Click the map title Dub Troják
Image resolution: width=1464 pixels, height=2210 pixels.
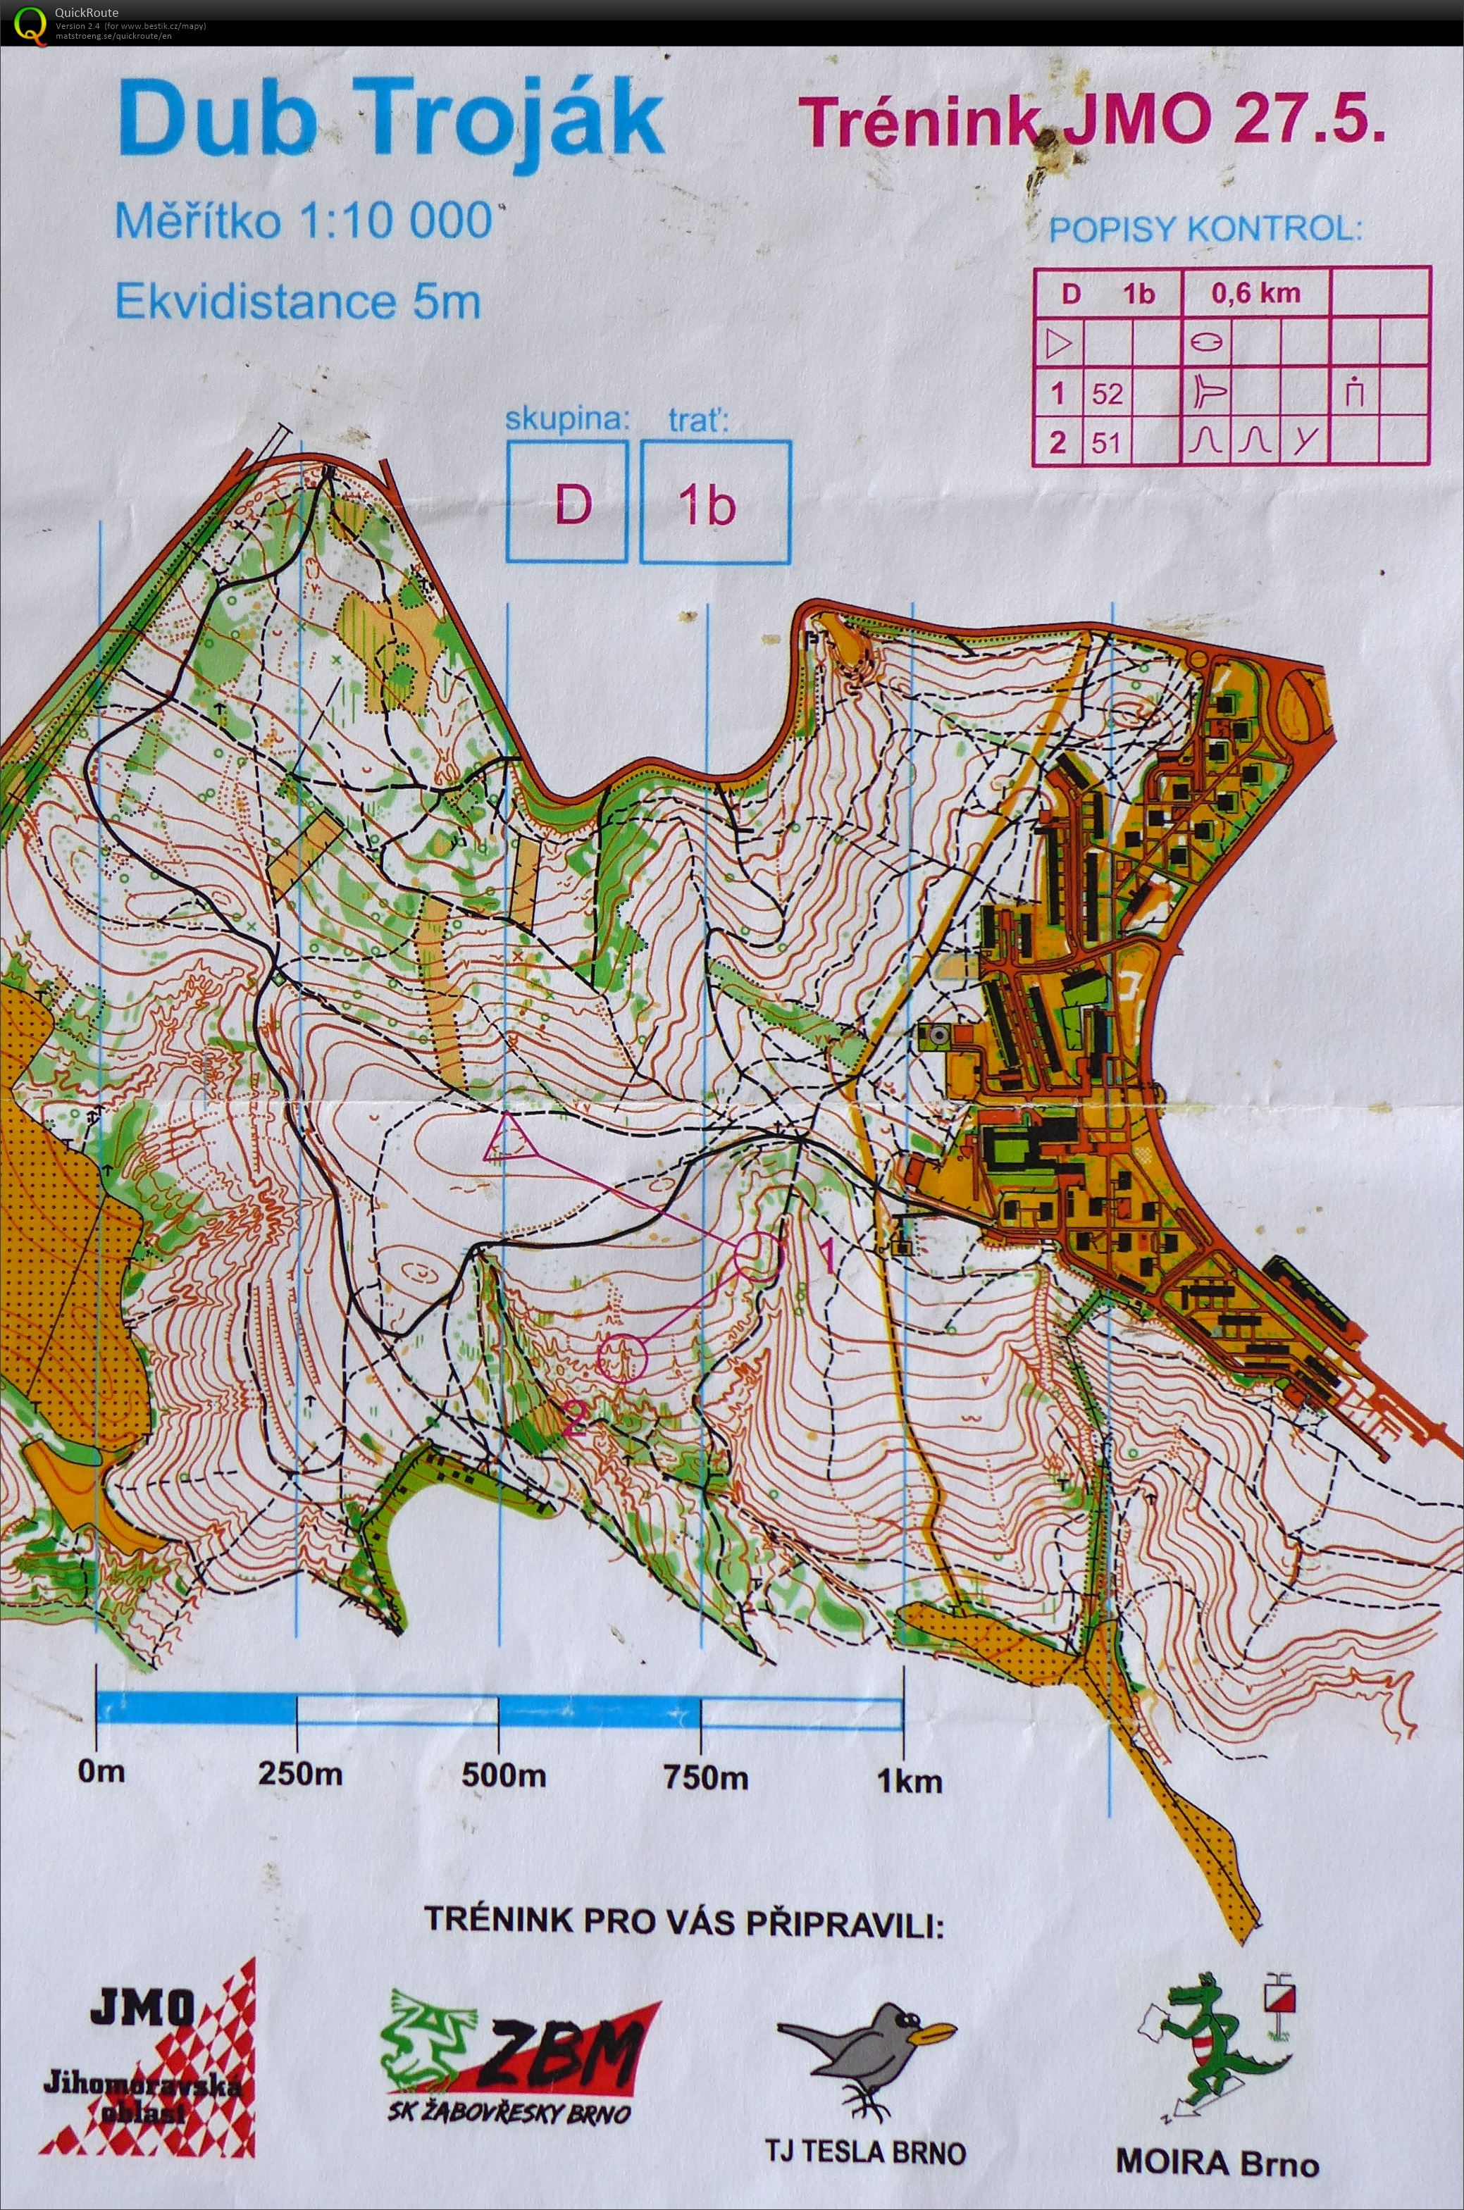pos(390,118)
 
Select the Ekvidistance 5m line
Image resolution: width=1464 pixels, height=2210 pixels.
pos(297,302)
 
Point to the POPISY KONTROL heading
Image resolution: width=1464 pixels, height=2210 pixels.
pos(1205,229)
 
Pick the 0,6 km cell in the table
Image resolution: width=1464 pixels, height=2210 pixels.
pos(1255,293)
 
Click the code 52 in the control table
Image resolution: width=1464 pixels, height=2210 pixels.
pos(1108,393)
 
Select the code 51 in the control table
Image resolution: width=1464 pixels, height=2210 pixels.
pos(1108,441)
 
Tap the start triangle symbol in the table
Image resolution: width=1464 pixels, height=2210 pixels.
pos(1058,344)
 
